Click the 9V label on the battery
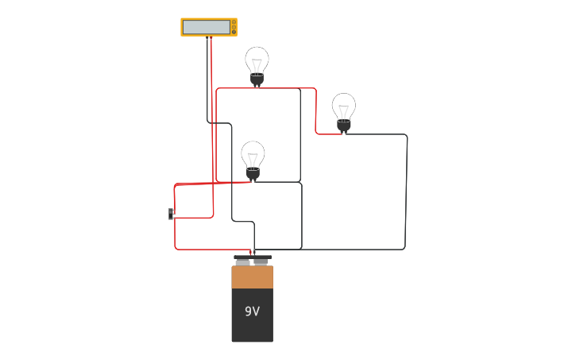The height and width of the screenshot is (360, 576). pyautogui.click(x=252, y=312)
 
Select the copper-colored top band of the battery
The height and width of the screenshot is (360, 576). pyautogui.click(x=252, y=277)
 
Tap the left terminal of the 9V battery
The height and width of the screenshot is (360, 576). pyautogui.click(x=242, y=259)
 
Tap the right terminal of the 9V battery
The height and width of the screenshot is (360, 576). pyautogui.click(x=262, y=259)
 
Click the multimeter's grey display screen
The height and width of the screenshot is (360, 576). pyautogui.click(x=206, y=27)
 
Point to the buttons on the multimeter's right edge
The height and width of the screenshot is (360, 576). pyautogui.click(x=234, y=27)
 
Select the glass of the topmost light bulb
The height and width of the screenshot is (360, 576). pyautogui.click(x=257, y=59)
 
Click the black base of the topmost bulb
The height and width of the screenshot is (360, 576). pyautogui.click(x=257, y=79)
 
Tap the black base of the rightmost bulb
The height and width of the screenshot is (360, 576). pyautogui.click(x=343, y=125)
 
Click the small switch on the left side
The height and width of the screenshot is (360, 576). pyautogui.click(x=171, y=214)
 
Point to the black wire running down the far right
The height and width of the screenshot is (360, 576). pyautogui.click(x=406, y=191)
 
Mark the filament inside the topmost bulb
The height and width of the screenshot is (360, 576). pyautogui.click(x=257, y=64)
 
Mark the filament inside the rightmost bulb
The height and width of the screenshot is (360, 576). pyautogui.click(x=343, y=110)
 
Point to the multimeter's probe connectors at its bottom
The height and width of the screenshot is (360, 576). pyautogui.click(x=209, y=37)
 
